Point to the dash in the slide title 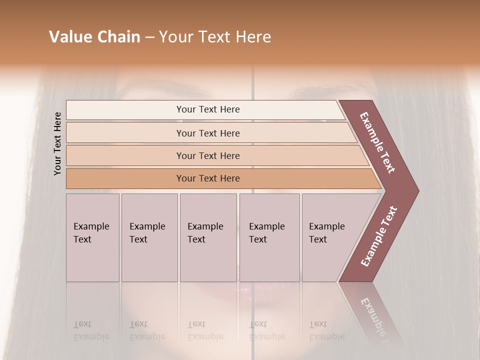149,37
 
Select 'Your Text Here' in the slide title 215,37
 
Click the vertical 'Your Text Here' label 57,143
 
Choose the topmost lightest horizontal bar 208,109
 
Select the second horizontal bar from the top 208,133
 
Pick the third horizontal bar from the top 208,155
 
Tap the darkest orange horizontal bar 208,178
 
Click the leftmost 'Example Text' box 92,237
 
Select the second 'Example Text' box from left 149,237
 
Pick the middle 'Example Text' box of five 208,237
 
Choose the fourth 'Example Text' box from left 269,237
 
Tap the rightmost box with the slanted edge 330,237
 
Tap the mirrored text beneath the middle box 205,330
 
